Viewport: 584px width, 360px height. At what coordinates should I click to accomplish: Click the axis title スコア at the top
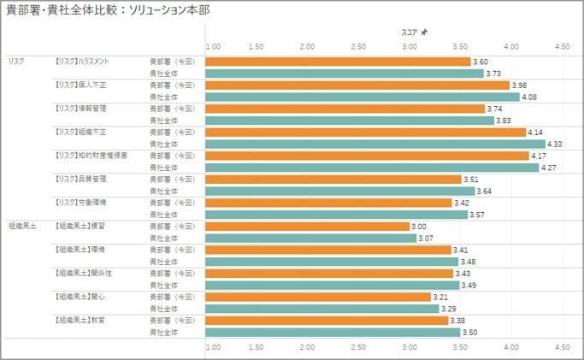pos(409,32)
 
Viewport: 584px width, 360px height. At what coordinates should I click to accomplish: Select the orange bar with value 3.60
pos(338,62)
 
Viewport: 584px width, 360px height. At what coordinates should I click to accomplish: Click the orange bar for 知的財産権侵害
pos(367,156)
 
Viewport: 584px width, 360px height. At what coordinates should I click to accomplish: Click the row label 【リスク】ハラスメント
pos(80,62)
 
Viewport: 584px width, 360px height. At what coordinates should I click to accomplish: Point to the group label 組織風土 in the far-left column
pos(20,226)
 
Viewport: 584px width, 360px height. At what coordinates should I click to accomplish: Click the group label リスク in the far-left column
pos(15,62)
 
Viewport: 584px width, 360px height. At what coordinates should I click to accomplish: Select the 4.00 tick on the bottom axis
pos(511,348)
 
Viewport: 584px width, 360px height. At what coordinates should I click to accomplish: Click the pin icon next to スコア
pos(425,32)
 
